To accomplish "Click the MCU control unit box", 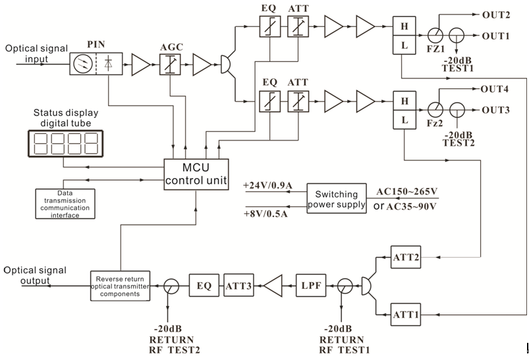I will [x=196, y=174].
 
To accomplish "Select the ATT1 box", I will [x=405, y=315].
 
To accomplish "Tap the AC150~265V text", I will [x=407, y=192].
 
